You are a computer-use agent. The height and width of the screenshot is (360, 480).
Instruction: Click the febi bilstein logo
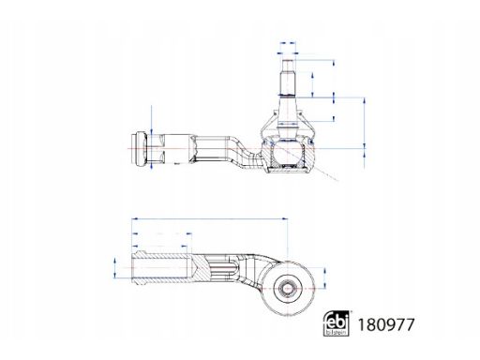(x=337, y=323)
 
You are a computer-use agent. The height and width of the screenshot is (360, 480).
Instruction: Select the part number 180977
(x=386, y=324)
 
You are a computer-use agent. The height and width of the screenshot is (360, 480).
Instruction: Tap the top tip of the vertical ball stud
(x=288, y=60)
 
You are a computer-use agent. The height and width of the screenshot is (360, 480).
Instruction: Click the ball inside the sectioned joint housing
(x=288, y=152)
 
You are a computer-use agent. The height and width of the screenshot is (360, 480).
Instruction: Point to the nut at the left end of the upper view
(x=140, y=149)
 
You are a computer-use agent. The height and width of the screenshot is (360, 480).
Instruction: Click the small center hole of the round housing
(x=286, y=289)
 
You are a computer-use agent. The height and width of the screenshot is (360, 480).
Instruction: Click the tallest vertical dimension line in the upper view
(x=365, y=133)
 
